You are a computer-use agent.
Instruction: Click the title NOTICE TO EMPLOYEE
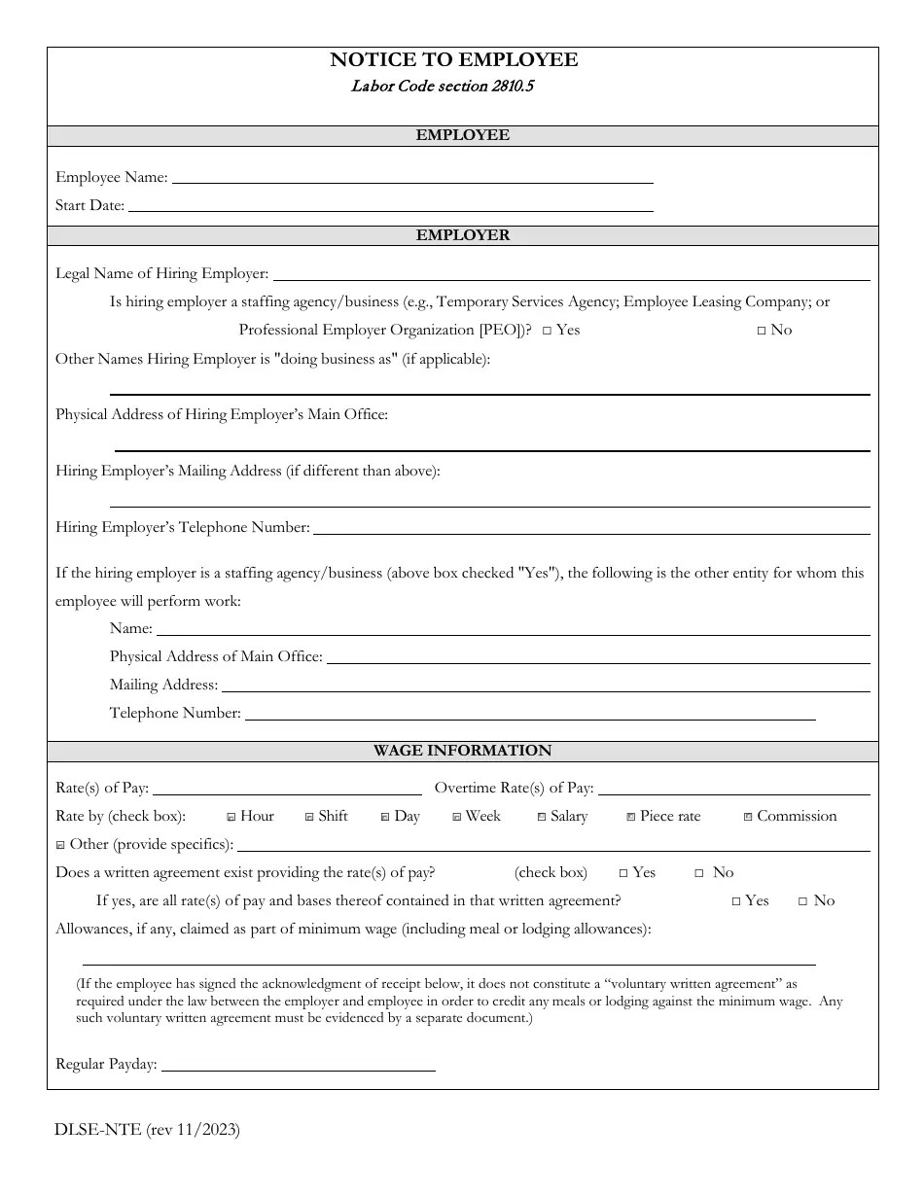(x=453, y=60)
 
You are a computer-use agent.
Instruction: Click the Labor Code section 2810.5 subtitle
(x=442, y=86)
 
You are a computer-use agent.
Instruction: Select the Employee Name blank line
(x=411, y=177)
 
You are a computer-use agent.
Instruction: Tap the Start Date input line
(x=390, y=205)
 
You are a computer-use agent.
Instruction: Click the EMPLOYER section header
(x=462, y=235)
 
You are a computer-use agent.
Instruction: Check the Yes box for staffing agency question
(x=548, y=331)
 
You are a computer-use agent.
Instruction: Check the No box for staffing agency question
(x=762, y=331)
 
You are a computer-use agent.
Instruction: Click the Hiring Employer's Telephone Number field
(x=590, y=527)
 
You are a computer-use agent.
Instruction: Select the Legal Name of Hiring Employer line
(x=571, y=274)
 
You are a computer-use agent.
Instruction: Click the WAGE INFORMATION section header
(x=462, y=751)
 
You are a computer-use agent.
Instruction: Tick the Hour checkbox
(x=231, y=817)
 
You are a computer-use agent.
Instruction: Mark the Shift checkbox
(x=309, y=817)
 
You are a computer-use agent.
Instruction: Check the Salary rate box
(x=542, y=817)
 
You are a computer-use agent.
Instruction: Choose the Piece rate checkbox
(x=631, y=817)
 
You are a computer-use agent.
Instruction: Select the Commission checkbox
(x=748, y=817)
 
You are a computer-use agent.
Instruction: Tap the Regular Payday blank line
(x=298, y=1065)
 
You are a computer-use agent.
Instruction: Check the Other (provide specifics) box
(x=60, y=845)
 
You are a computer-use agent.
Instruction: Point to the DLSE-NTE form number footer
(x=148, y=1129)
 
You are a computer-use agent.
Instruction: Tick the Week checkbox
(x=457, y=817)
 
